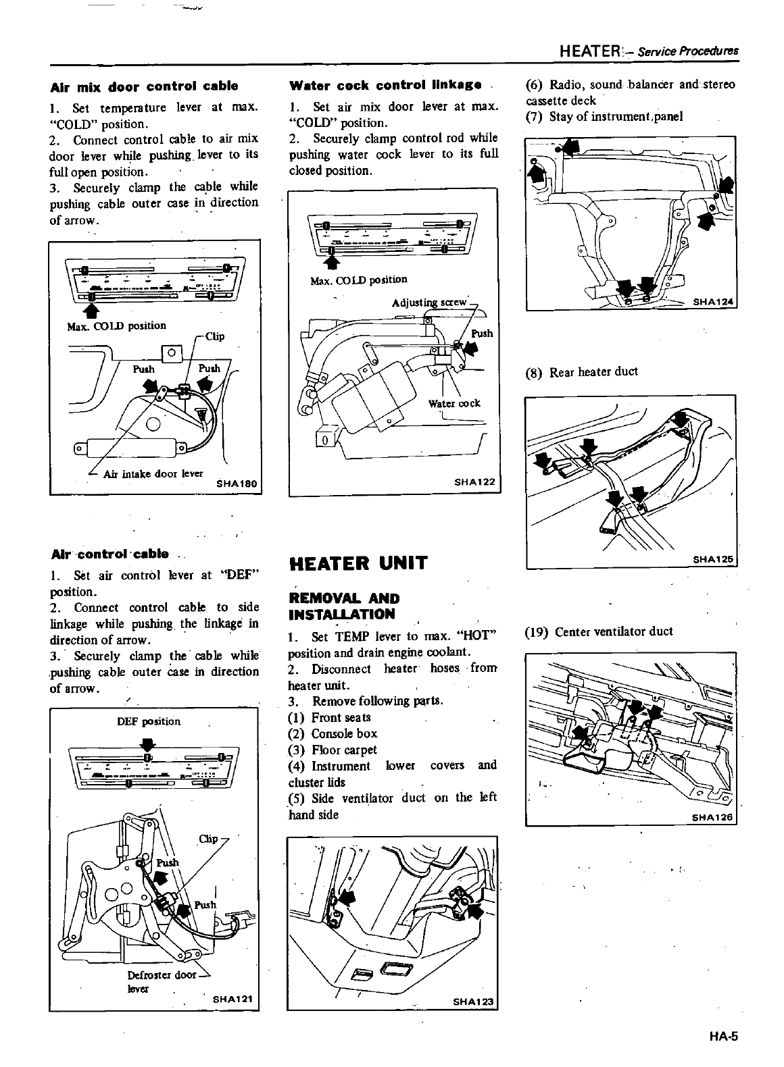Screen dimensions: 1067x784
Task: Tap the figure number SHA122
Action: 475,482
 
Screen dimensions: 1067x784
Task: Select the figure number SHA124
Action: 714,302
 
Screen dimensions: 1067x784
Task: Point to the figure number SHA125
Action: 714,559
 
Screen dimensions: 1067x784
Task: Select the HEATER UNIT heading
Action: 358,563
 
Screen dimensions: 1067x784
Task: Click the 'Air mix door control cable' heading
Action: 145,86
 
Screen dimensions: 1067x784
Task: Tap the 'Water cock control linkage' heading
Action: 385,85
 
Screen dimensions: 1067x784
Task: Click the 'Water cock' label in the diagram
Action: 454,403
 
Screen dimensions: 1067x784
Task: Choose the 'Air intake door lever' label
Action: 153,473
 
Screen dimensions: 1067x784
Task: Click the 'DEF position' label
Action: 149,721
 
